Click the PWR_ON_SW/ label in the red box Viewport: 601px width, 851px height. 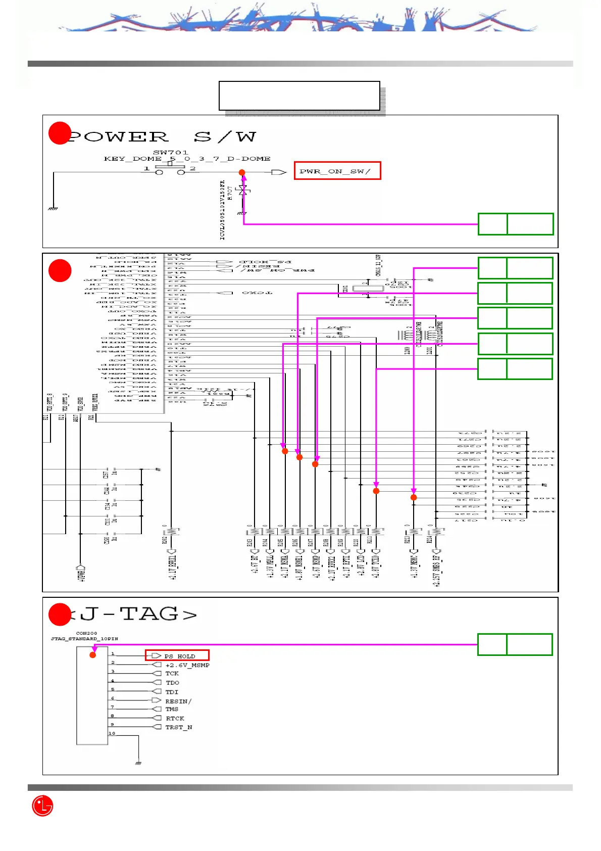(x=337, y=171)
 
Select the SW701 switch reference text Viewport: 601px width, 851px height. (x=171, y=152)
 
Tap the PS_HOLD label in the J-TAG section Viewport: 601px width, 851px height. (x=179, y=656)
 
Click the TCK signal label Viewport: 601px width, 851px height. (x=172, y=674)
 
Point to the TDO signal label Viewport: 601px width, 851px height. (x=173, y=683)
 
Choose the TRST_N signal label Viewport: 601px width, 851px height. (x=179, y=727)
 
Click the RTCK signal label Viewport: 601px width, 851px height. (x=175, y=718)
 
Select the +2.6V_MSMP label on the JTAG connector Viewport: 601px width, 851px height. (x=187, y=665)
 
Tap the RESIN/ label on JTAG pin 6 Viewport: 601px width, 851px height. (x=178, y=701)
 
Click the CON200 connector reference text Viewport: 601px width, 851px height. (x=86, y=633)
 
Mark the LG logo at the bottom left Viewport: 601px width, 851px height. (x=42, y=806)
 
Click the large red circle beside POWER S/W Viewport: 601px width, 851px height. (x=59, y=133)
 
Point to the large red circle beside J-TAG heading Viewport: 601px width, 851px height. (x=59, y=614)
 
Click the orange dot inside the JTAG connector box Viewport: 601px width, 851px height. (x=93, y=655)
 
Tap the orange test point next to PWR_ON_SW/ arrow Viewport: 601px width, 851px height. (x=242, y=173)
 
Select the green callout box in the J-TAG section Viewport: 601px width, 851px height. (x=515, y=644)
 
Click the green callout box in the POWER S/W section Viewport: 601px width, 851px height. (x=516, y=224)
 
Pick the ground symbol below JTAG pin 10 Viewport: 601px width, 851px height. (x=138, y=762)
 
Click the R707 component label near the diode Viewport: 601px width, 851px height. (x=230, y=193)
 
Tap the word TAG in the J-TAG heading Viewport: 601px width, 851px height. (x=149, y=614)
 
